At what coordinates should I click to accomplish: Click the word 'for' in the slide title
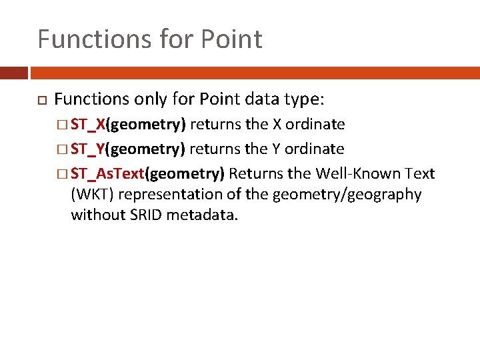pyautogui.click(x=163, y=39)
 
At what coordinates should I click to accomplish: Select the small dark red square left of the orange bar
pyautogui.click(x=13, y=73)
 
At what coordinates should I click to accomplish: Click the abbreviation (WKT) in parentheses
pyautogui.click(x=91, y=195)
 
